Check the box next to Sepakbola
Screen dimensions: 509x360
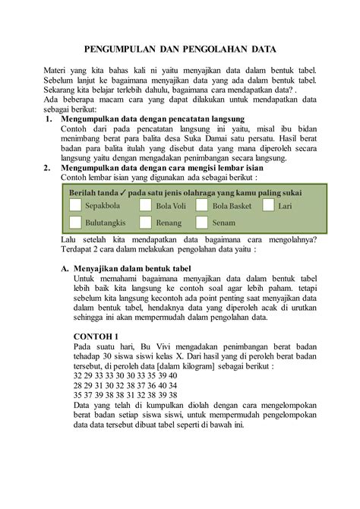pos(74,205)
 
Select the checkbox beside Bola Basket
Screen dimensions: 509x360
pos(201,205)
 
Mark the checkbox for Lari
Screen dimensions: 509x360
pos(268,205)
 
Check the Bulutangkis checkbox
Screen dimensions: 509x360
pos(74,223)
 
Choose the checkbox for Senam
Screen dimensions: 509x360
pos(201,223)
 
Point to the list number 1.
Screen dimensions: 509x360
pos(48,119)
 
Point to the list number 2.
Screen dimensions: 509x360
pos(48,167)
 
